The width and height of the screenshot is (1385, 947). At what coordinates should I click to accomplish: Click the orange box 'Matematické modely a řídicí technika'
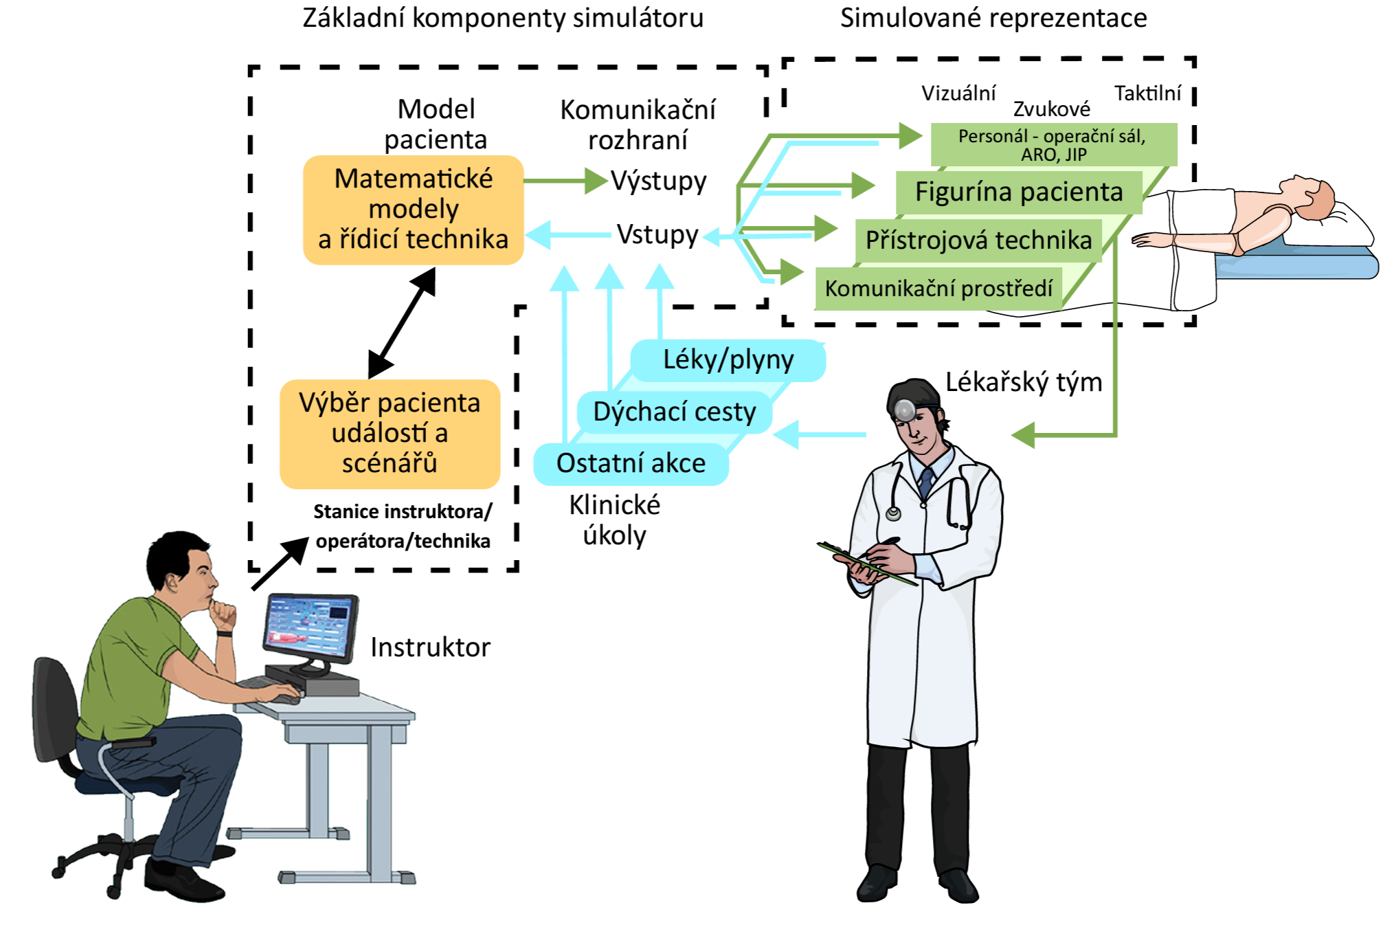pos(413,210)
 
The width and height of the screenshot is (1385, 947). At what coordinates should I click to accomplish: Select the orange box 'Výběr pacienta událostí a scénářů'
pos(390,434)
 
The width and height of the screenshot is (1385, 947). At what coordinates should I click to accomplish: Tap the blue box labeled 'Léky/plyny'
pos(728,360)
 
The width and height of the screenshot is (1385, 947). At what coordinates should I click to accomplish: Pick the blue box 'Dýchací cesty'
pos(674,412)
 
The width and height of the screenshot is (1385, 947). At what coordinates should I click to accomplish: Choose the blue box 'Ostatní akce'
pos(631,464)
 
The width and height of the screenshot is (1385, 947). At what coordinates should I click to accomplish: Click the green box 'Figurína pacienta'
pos(1018,192)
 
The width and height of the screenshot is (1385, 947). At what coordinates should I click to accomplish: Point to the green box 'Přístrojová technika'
pos(978,241)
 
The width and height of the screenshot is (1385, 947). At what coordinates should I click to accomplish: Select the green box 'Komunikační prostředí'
pos(938,289)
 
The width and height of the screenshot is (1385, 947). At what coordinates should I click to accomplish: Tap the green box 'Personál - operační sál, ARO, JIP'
pos(1052,144)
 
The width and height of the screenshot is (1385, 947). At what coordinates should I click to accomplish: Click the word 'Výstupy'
pos(659,181)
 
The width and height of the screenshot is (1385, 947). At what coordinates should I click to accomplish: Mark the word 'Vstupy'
pos(657,235)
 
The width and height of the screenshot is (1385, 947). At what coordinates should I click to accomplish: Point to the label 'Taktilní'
pos(1147,93)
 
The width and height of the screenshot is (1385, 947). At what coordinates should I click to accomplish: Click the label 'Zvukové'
pos(1051,109)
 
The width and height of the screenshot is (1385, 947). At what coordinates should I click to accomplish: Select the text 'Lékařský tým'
pos(1024,382)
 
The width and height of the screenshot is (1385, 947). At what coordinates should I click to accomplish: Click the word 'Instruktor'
pos(430,647)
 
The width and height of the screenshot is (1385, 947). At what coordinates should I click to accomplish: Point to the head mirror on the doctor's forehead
pos(905,410)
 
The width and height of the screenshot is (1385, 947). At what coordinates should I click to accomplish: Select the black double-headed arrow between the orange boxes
pos(403,322)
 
